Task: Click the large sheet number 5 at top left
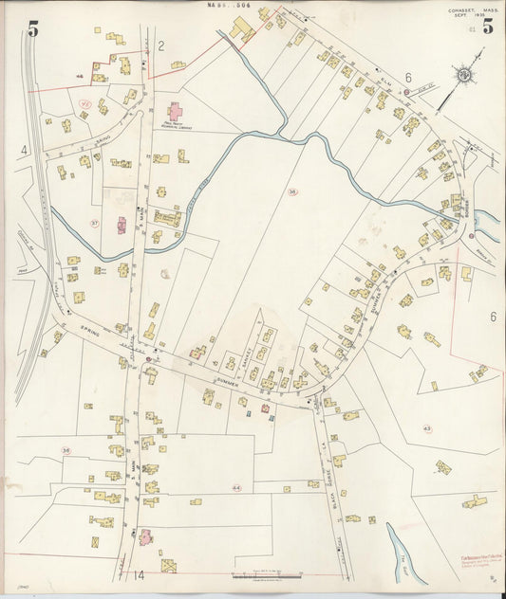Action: (33, 28)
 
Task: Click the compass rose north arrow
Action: (464, 74)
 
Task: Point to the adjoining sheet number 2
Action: (161, 45)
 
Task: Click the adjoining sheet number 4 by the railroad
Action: (23, 150)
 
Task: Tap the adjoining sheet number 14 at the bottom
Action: (138, 574)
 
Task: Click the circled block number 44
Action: (235, 488)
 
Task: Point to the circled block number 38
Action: (66, 449)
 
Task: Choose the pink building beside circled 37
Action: (122, 226)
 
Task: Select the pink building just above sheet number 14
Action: (146, 536)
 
